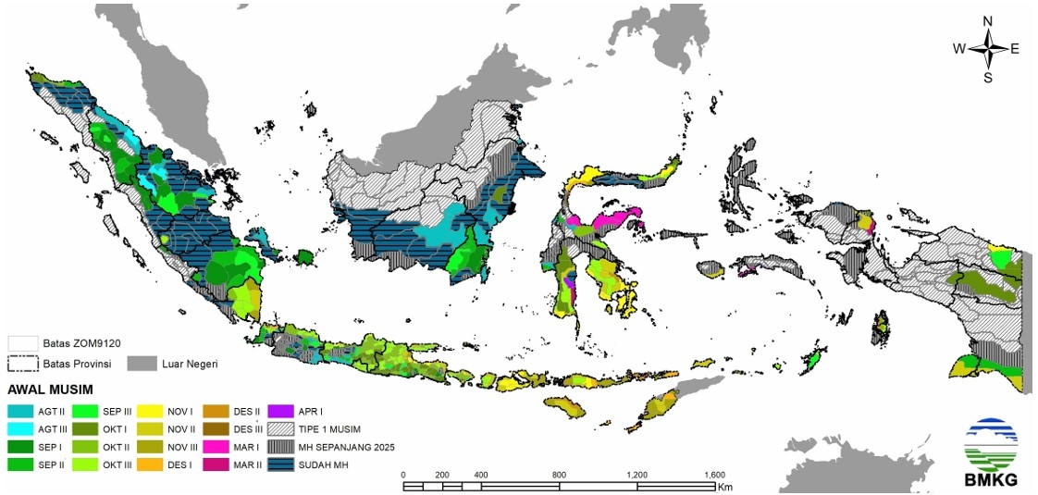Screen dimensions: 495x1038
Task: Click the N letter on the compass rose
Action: click(987, 21)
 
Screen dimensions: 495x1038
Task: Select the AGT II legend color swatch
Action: click(20, 410)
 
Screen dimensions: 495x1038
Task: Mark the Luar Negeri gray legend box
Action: click(141, 363)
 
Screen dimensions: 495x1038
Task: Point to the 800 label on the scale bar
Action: click(558, 475)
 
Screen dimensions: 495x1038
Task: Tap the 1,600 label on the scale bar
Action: click(713, 475)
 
